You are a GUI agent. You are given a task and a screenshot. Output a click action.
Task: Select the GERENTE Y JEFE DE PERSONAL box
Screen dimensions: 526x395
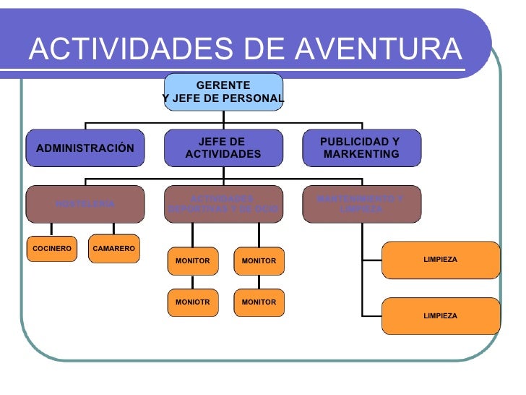pyautogui.click(x=223, y=92)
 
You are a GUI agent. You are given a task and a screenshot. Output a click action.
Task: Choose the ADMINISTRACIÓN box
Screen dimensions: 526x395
pyautogui.click(x=85, y=148)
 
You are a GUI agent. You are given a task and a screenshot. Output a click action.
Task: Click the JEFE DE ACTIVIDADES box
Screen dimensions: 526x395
pyautogui.click(x=223, y=148)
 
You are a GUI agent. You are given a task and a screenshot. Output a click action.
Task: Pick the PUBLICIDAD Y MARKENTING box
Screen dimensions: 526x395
pyautogui.click(x=360, y=148)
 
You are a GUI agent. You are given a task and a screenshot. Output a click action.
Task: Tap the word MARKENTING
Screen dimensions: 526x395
pyautogui.click(x=361, y=155)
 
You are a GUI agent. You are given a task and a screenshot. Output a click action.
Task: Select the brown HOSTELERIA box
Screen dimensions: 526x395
pyautogui.click(x=85, y=204)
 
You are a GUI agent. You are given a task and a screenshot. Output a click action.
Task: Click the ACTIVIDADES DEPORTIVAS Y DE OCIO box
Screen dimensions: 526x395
pyautogui.click(x=223, y=204)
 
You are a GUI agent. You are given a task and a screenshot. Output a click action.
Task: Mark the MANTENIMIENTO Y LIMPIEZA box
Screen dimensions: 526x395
pyautogui.click(x=360, y=204)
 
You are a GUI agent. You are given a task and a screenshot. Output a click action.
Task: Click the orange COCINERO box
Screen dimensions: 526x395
pyautogui.click(x=51, y=249)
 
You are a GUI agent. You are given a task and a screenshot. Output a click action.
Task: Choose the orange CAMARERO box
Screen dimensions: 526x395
pyautogui.click(x=114, y=249)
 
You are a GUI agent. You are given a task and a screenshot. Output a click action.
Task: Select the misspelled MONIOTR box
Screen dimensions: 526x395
pyautogui.click(x=192, y=302)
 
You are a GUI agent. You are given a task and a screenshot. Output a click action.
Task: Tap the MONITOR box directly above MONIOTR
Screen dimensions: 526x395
pyautogui.click(x=192, y=260)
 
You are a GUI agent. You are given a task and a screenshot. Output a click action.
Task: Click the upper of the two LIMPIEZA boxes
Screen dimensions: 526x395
pyautogui.click(x=440, y=260)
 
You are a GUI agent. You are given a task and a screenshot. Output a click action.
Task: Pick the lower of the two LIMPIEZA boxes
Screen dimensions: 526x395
pyautogui.click(x=440, y=316)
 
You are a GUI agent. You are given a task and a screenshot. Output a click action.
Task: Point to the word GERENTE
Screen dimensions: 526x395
pyautogui.click(x=223, y=85)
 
